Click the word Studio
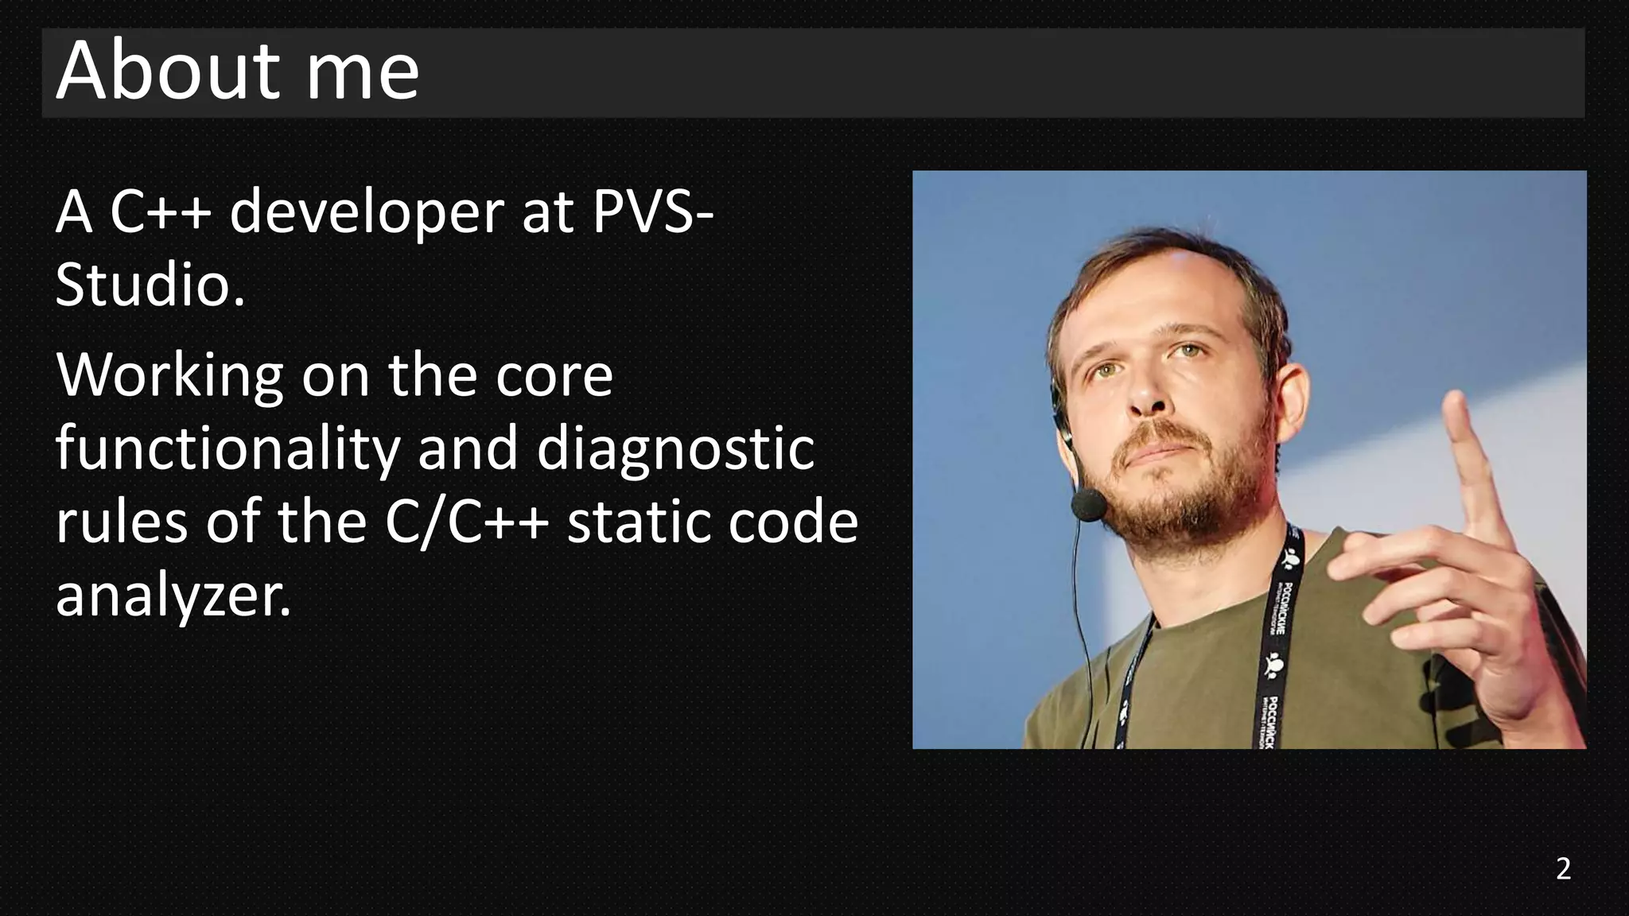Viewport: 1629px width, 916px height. click(x=150, y=285)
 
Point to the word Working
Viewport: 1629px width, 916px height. click(x=169, y=376)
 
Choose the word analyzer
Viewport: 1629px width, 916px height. click(x=173, y=596)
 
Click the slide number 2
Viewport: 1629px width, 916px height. click(x=1563, y=869)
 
